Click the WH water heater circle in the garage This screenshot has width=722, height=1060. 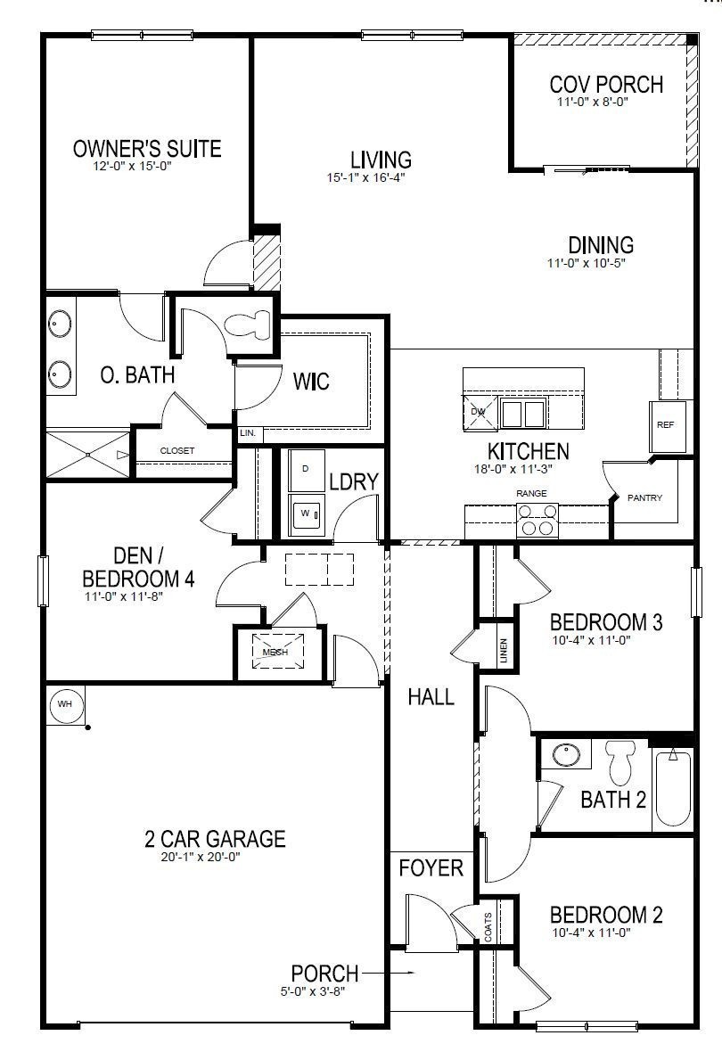[64, 704]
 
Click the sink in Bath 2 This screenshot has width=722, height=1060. [564, 755]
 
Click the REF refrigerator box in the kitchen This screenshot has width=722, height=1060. [665, 425]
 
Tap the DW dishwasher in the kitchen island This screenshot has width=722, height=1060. [477, 412]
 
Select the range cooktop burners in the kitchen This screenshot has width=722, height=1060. [537, 519]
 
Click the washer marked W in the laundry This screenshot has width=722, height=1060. [306, 514]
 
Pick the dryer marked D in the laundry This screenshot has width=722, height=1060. [306, 469]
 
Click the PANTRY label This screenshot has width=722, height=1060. [644, 497]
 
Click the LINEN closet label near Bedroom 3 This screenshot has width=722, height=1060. [504, 653]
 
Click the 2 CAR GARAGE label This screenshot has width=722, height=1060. [215, 839]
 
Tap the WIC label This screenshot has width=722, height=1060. [311, 382]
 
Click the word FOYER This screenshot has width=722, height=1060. [431, 867]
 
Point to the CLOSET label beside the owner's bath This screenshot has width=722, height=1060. [176, 451]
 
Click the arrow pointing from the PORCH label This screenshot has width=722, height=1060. [398, 974]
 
